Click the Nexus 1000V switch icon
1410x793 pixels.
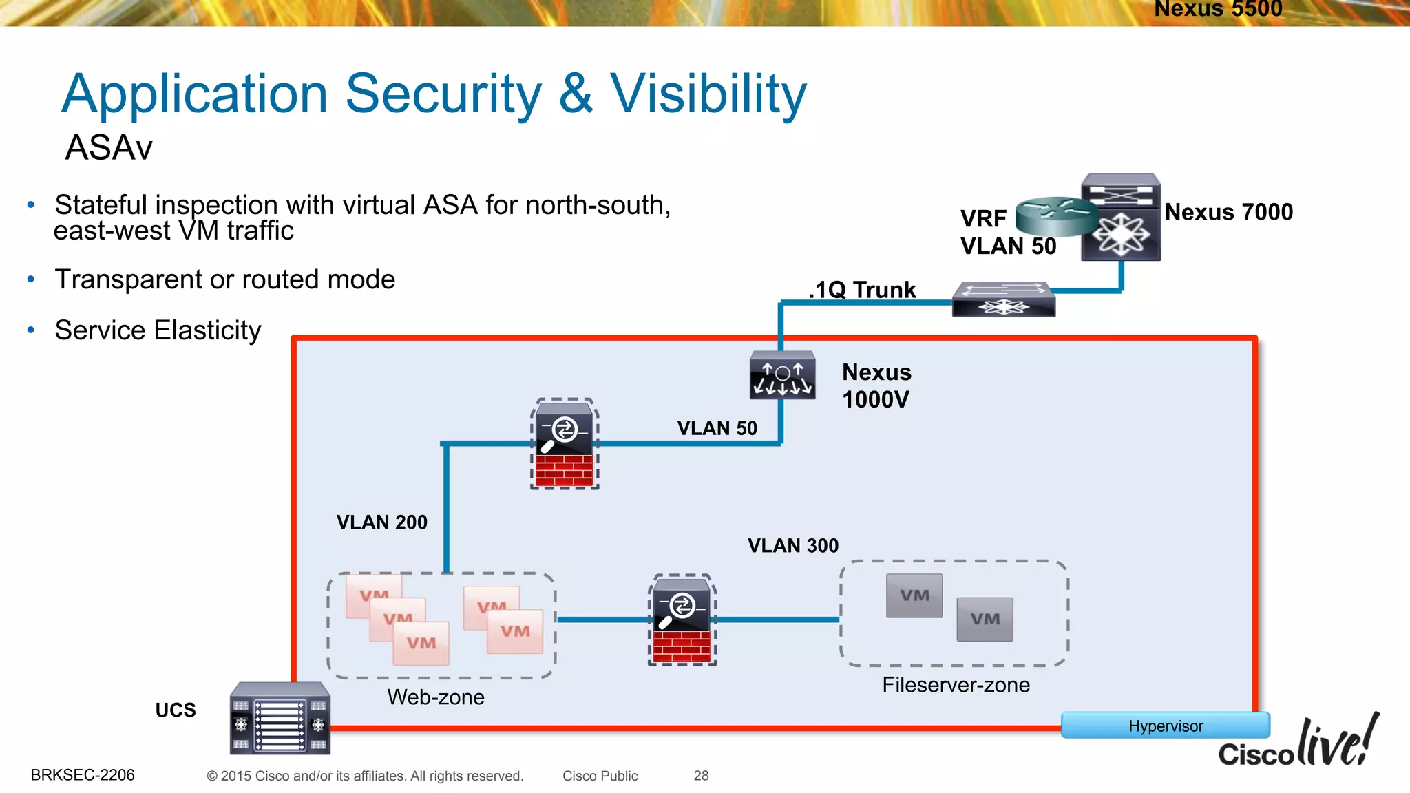782,376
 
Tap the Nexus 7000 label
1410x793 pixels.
1228,212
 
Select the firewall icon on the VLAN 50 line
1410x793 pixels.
564,444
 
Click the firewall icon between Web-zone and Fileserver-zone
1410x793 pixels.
682,620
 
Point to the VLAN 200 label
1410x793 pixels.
381,522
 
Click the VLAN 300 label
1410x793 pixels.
793,546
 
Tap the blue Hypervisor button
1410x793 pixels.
1165,726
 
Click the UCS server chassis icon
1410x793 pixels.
280,719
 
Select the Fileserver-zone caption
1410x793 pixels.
956,685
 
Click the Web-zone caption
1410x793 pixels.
436,697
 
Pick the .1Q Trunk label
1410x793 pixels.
863,290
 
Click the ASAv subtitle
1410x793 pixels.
109,147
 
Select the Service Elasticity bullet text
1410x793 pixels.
158,330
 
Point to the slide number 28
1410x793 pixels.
701,776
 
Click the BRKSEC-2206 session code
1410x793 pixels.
83,775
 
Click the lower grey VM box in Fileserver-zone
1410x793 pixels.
985,620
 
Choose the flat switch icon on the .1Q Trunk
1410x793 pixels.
1003,299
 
